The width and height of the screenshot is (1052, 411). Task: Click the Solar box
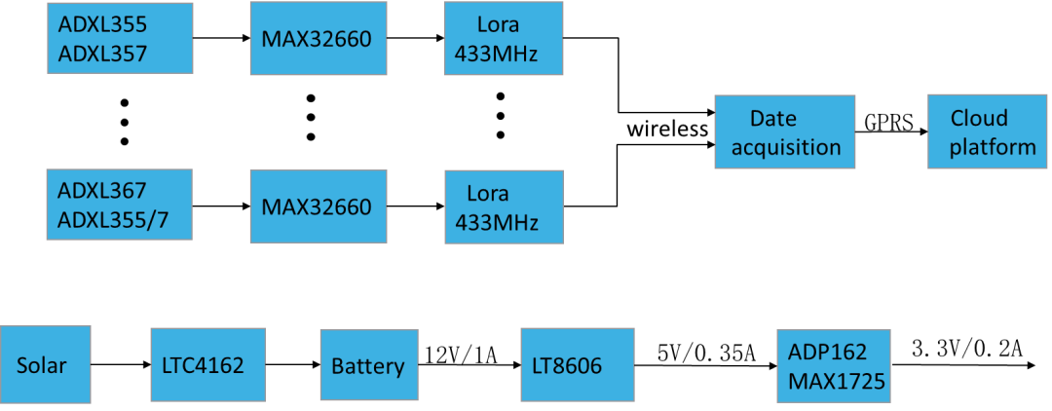pos(45,364)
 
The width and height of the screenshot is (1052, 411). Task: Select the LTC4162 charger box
pos(207,364)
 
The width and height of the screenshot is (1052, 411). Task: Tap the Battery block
pos(368,365)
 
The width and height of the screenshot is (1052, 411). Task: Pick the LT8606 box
pos(577,364)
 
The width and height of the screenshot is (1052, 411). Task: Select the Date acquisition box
pos(785,132)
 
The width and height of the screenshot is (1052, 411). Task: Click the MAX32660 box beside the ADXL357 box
pos(318,39)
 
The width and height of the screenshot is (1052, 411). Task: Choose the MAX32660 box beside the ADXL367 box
pos(318,206)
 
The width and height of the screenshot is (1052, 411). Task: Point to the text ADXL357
pos(102,54)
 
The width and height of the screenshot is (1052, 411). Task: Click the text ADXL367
pos(101,189)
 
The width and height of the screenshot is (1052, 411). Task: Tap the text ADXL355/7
pos(112,220)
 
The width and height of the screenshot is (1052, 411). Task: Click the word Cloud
pos(979,118)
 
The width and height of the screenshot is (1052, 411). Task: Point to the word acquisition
pos(785,147)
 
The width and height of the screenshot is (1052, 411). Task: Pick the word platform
pos(993,147)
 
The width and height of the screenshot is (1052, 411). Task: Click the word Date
pos(772,118)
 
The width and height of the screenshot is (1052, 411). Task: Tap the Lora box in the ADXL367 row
pos(504,207)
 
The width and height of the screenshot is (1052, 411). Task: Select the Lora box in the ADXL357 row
pos(504,39)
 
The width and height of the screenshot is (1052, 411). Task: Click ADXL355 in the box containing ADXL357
pos(102,23)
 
